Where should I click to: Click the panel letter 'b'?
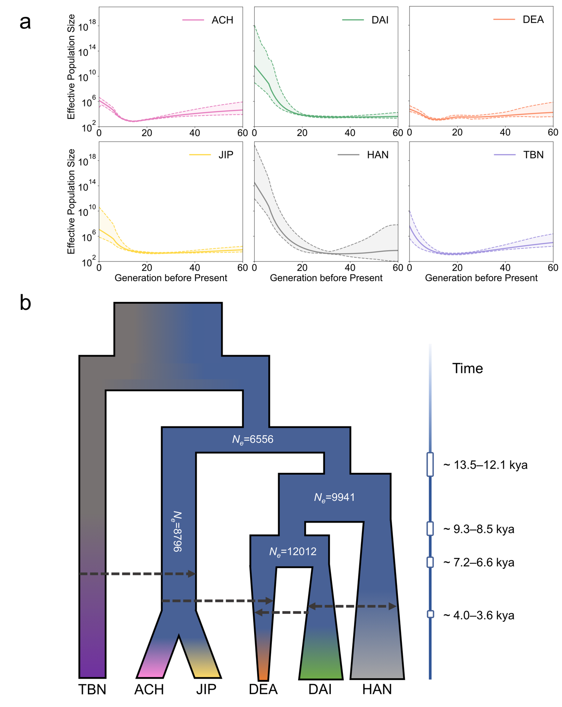25,303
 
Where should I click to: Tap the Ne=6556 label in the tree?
253,439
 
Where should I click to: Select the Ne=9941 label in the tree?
334,497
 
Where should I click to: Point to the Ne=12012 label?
293,552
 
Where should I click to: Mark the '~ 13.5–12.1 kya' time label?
485,465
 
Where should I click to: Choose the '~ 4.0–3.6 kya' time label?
479,615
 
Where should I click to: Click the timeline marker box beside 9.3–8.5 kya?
430,528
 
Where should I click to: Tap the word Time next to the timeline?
468,368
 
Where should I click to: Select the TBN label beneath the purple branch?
92,690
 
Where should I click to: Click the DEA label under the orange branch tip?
263,690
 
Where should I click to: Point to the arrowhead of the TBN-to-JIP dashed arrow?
192,574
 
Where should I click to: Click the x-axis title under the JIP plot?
171,278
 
